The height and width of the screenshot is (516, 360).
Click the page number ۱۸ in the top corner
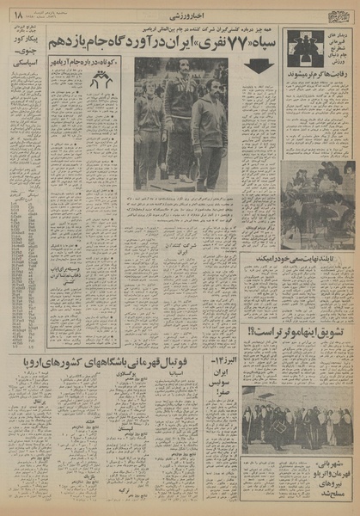point(15,11)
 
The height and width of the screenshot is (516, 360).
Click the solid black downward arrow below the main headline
point(259,65)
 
